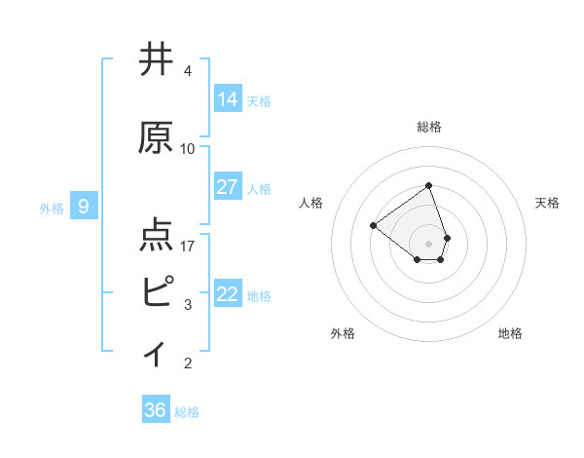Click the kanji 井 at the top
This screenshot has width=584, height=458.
pos(158,60)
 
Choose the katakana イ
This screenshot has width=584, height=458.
pos(156,351)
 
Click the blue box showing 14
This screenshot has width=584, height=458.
pos(228,99)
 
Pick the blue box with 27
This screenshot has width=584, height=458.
pos(228,187)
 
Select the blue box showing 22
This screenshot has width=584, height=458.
pos(228,294)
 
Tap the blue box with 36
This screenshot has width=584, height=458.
pos(156,410)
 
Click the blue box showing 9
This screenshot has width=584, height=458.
pos(84,207)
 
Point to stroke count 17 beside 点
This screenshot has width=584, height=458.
pos(188,247)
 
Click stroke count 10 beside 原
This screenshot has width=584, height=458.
pos(188,149)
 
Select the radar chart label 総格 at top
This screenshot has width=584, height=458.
pos(429,127)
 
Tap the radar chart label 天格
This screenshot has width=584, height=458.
pos(547,203)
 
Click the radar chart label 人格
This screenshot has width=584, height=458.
pos(311,203)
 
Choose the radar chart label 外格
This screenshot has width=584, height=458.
pos(343,333)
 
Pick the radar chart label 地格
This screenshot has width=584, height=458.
pos(510,333)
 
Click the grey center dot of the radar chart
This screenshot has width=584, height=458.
pos(428,242)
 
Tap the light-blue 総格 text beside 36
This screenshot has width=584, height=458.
pos(187,412)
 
